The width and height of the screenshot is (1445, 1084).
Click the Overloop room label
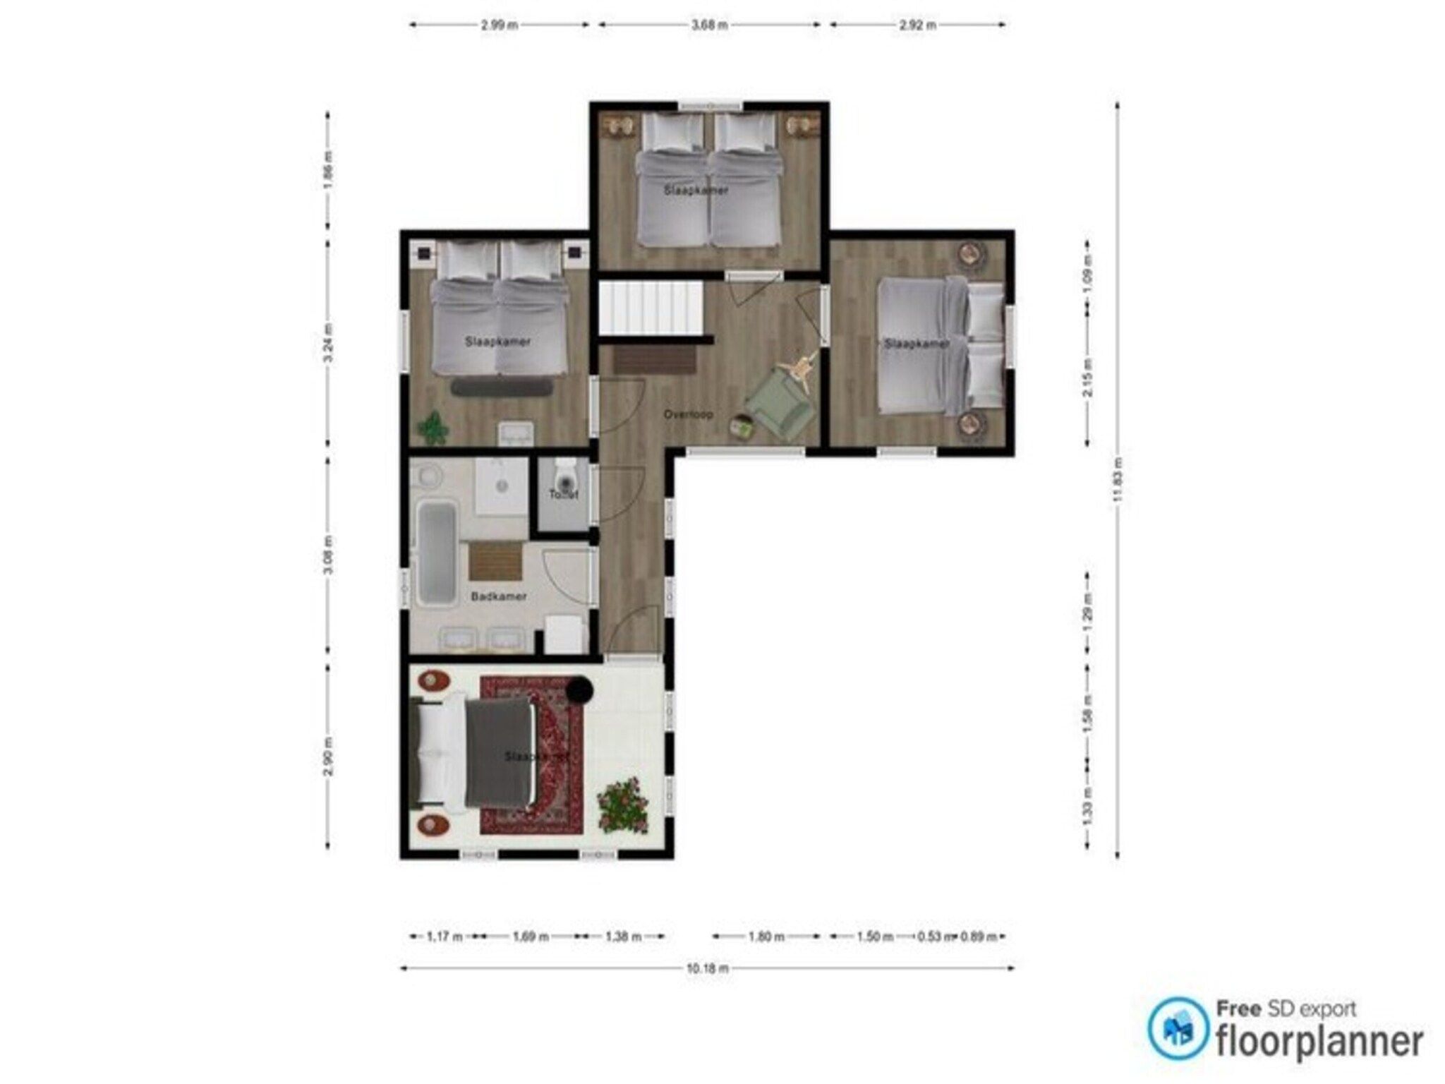pyautogui.click(x=688, y=414)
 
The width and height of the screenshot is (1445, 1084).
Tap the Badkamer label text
pyautogui.click(x=498, y=596)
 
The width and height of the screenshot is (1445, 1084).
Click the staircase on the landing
pyautogui.click(x=651, y=309)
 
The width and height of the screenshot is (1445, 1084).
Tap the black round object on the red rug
pyautogui.click(x=580, y=689)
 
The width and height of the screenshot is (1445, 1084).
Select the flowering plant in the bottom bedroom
pyautogui.click(x=622, y=804)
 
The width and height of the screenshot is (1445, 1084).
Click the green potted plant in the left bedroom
pyautogui.click(x=432, y=427)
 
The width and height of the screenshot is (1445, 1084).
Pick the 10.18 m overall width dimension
pyautogui.click(x=707, y=968)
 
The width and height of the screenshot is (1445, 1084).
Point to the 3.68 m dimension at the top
pyautogui.click(x=709, y=25)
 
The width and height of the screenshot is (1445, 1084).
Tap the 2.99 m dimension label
pyautogui.click(x=500, y=25)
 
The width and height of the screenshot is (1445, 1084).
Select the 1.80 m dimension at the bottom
pyautogui.click(x=766, y=937)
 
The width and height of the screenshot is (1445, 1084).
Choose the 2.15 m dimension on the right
pyautogui.click(x=1087, y=387)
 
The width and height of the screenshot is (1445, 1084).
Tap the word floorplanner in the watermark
pyautogui.click(x=1318, y=1042)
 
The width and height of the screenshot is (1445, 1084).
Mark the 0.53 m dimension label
pyautogui.click(x=933, y=937)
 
